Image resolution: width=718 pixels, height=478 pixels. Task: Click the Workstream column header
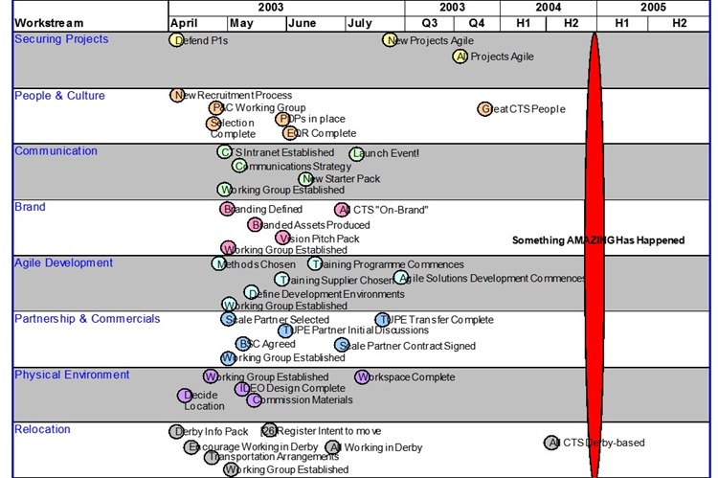coord(50,22)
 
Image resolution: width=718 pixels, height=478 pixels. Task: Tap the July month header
coord(361,23)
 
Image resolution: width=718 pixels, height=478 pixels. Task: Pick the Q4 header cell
coord(477,23)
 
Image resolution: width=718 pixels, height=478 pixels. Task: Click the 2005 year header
coord(655,7)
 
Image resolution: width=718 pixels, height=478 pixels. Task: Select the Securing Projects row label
coord(61,39)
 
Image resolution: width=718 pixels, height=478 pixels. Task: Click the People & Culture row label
coord(59,96)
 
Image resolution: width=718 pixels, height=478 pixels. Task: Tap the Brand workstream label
coord(30,207)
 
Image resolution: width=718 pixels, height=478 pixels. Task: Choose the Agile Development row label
coord(63,262)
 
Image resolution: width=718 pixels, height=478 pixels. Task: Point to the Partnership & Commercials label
coord(87,319)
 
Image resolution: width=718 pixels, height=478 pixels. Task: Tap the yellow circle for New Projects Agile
coord(390,39)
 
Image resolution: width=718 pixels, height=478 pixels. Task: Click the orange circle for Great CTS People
coord(485,108)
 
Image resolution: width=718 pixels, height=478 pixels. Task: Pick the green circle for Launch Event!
coord(356,153)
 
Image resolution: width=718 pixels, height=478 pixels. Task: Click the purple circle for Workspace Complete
coord(362,377)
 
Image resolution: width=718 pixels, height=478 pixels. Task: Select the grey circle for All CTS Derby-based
coord(551,443)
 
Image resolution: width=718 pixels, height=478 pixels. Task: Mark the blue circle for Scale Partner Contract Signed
coord(342,345)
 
